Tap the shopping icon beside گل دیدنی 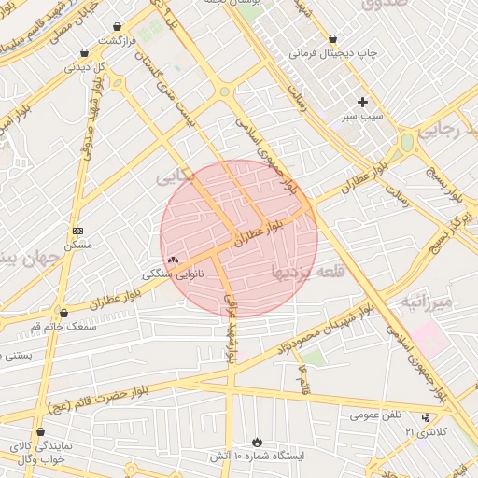tap(85, 53)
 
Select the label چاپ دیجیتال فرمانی tap(333, 53)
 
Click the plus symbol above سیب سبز tap(363, 101)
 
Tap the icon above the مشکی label tap(77, 231)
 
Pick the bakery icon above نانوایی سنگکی tap(172, 260)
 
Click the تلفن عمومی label tap(377, 415)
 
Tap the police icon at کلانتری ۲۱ tap(426, 418)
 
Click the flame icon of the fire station tap(257, 441)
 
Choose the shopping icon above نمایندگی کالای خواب tap(40, 432)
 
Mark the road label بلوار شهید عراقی tap(230, 322)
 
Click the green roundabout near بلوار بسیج tap(406, 142)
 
